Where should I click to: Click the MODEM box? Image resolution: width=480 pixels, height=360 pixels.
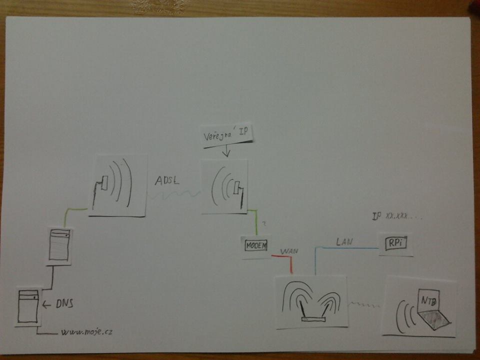point(256,245)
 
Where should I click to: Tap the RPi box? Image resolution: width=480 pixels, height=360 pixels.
point(396,243)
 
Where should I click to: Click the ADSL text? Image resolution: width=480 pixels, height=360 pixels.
point(167,181)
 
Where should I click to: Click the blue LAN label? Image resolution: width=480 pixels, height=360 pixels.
point(344,241)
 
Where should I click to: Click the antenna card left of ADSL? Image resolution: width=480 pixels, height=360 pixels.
point(117,185)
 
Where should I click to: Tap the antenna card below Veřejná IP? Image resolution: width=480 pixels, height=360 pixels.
point(225,186)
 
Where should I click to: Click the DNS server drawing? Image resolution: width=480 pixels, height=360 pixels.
point(27,306)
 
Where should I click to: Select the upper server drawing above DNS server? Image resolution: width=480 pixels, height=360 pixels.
point(59,245)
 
